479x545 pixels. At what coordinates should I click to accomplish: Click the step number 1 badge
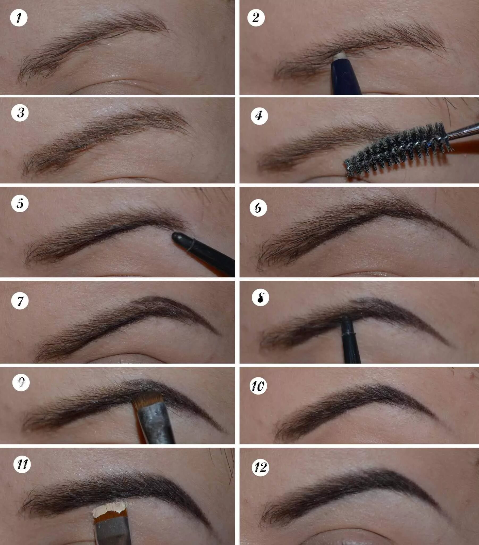pyautogui.click(x=19, y=18)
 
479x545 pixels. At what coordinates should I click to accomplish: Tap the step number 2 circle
pyautogui.click(x=256, y=18)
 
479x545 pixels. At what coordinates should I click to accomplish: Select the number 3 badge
pyautogui.click(x=20, y=113)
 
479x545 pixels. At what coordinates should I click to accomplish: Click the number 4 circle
pyautogui.click(x=259, y=116)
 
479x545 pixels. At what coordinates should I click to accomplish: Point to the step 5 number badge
pyautogui.click(x=20, y=203)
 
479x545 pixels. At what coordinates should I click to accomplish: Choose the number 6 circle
pyautogui.click(x=258, y=208)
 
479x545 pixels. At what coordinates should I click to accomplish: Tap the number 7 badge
pyautogui.click(x=20, y=301)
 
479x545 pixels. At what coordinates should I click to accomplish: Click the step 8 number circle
pyautogui.click(x=260, y=298)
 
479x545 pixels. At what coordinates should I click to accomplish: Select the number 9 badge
pyautogui.click(x=21, y=383)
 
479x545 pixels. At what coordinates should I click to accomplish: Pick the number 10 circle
pyautogui.click(x=258, y=386)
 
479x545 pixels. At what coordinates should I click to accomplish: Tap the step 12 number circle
pyautogui.click(x=260, y=467)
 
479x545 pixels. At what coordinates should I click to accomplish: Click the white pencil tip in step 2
pyautogui.click(x=340, y=55)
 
